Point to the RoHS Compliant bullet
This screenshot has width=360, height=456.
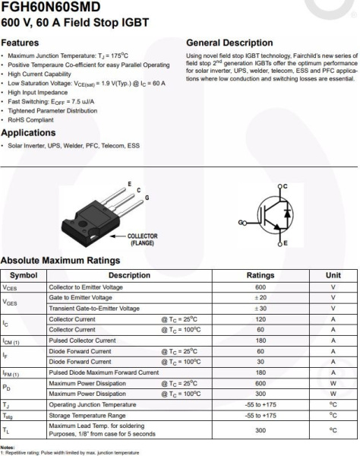(31, 119)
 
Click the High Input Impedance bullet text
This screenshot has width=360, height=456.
(37, 93)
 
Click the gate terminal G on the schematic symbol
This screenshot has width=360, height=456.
(242, 222)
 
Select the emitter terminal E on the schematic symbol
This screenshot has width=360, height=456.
(285, 242)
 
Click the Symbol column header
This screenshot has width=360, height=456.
(24, 275)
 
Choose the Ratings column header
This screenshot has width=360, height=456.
(260, 275)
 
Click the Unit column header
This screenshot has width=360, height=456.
(333, 275)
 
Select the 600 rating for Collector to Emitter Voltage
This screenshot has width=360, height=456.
(260, 287)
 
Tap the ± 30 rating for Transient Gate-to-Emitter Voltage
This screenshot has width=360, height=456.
(260, 308)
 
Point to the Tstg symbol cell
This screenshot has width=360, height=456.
(8, 416)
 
